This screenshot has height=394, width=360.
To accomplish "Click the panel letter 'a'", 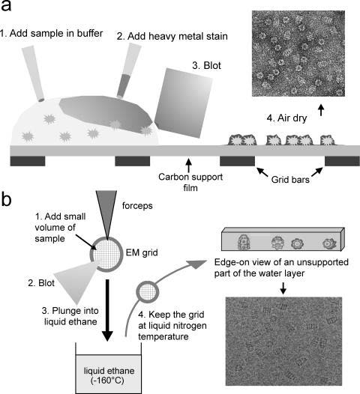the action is pos(6,6).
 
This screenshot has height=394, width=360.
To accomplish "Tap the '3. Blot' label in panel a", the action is pos(206,66).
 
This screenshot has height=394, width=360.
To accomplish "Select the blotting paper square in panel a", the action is pos(184,103).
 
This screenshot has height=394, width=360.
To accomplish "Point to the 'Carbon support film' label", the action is pos(190,182).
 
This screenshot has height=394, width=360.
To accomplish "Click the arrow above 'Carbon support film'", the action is pos(189,164).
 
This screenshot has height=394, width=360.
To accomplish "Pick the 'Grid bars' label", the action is pos(290,180).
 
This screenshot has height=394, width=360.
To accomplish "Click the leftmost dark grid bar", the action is pos(28,161).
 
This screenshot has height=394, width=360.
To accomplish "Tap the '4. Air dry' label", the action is pos(286,118).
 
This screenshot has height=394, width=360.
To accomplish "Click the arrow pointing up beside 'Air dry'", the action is pos(321,110).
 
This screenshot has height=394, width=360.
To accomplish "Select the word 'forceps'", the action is pos(137,206).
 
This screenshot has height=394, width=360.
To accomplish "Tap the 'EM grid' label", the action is pos(142,252).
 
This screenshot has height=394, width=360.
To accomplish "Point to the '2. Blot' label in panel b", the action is pos(41,283).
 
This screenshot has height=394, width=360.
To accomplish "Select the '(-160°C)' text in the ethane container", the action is pos(107,381).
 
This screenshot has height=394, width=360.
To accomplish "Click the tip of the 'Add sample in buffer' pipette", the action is pos(41,100).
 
